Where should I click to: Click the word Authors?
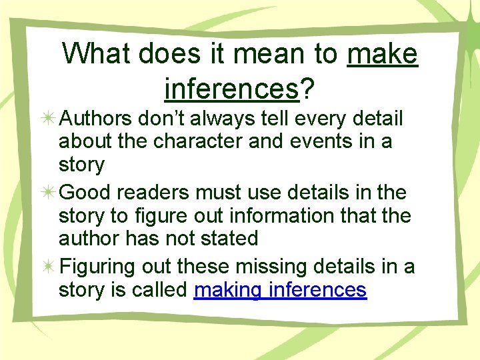click(x=96, y=119)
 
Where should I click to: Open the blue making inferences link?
click(x=280, y=290)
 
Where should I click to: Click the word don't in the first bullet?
click(x=161, y=119)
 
